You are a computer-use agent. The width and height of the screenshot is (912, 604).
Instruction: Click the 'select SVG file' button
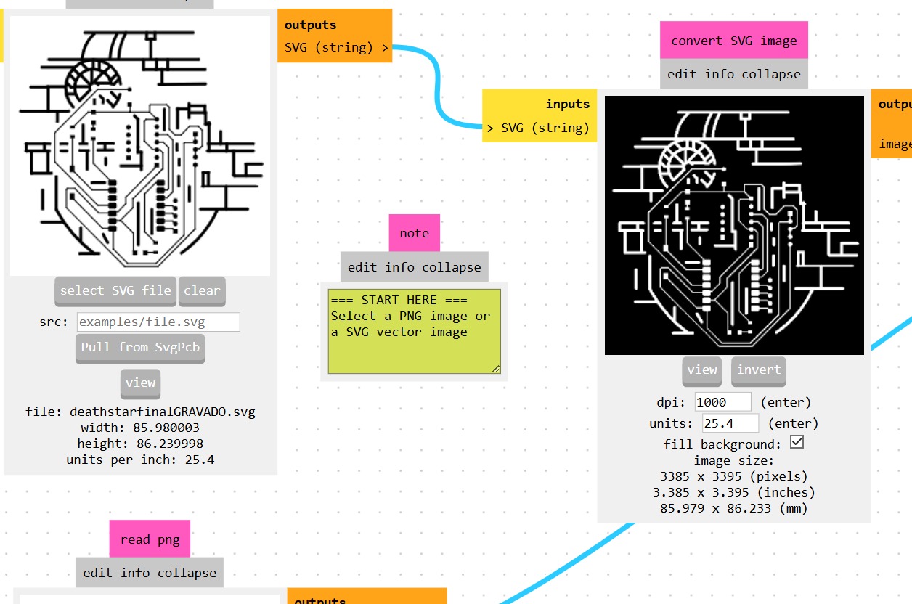click(115, 290)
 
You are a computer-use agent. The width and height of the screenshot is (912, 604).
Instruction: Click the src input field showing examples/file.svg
click(158, 322)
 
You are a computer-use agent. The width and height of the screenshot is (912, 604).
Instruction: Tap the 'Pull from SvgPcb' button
click(140, 347)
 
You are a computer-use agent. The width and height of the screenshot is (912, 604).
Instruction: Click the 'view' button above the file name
click(140, 383)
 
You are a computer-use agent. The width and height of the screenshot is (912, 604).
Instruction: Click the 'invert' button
click(758, 370)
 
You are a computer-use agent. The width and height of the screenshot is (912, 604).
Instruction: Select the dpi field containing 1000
click(722, 401)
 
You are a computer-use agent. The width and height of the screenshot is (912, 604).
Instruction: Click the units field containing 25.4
click(730, 423)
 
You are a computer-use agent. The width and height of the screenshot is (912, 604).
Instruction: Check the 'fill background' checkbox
click(797, 442)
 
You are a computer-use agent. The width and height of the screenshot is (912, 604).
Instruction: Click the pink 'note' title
click(414, 233)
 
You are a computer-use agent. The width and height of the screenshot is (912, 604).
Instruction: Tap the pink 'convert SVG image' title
click(733, 41)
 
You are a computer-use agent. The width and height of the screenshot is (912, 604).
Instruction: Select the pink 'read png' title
click(150, 539)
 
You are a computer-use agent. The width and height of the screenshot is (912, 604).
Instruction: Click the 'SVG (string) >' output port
click(336, 48)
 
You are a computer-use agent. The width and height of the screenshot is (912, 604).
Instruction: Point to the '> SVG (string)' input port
click(538, 128)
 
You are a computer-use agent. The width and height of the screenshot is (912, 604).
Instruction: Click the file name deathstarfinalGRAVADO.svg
click(162, 412)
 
